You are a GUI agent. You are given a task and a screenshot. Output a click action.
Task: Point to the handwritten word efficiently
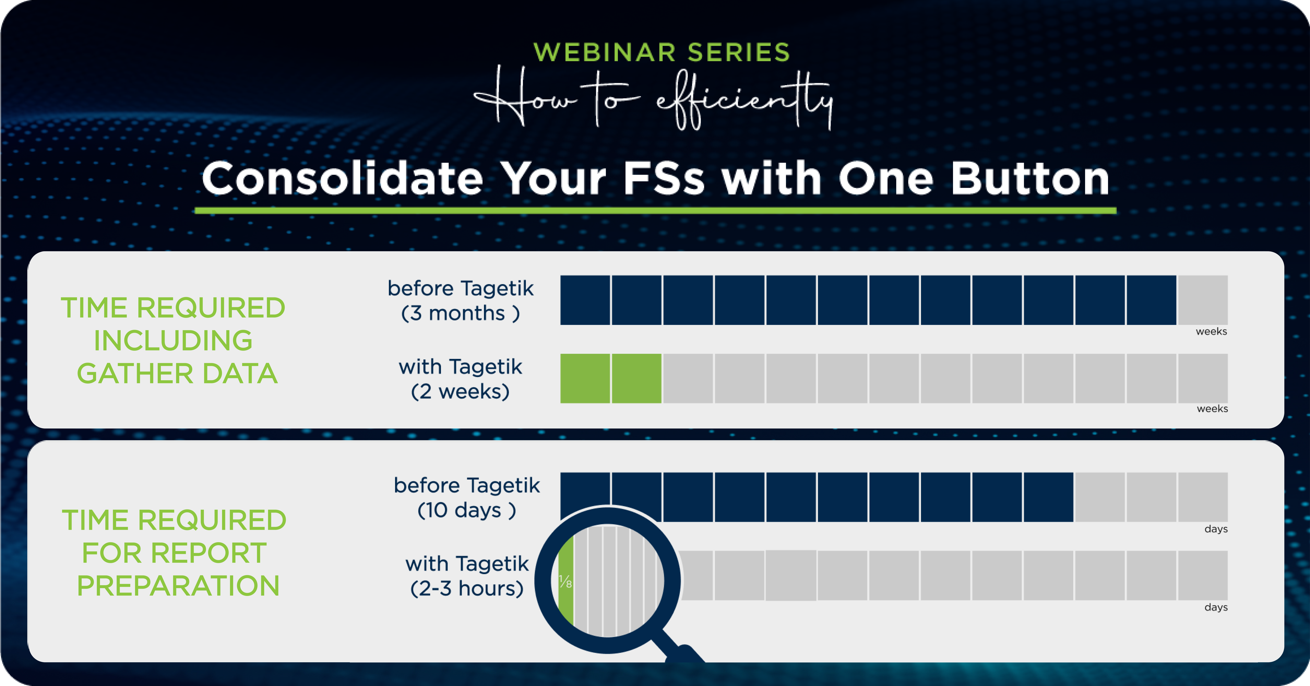tap(744, 99)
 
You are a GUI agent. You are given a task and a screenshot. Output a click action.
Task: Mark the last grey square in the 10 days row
tap(1203, 497)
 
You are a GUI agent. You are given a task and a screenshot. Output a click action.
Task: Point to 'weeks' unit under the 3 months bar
tap(1211, 331)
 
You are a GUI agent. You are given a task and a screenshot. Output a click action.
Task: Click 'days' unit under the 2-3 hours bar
tap(1216, 607)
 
